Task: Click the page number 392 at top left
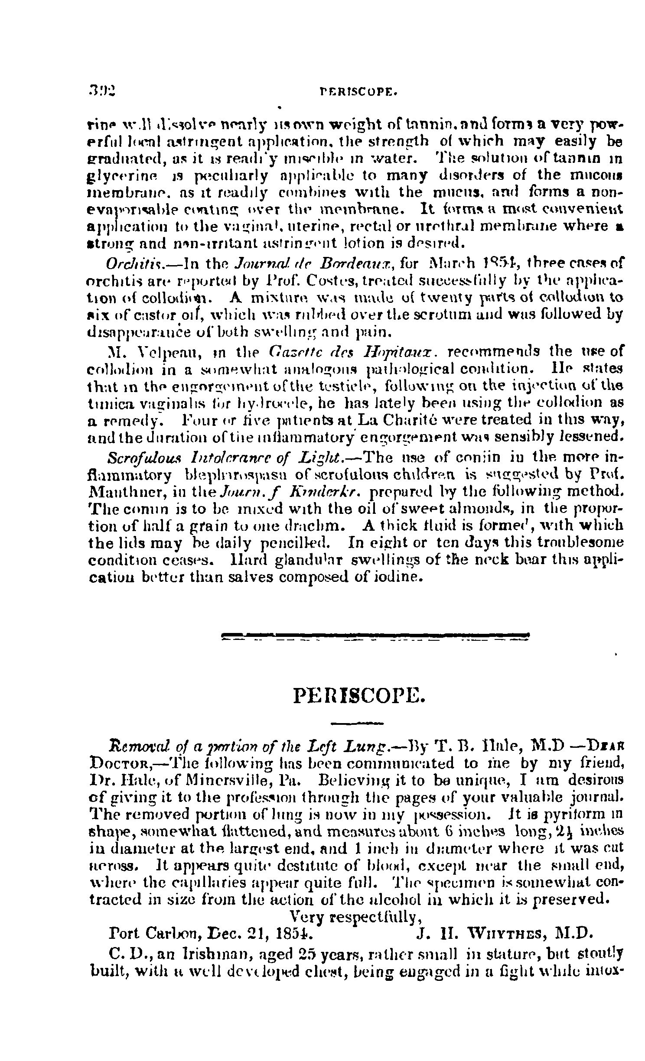click(x=102, y=92)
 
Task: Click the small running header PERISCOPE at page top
click(x=358, y=92)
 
